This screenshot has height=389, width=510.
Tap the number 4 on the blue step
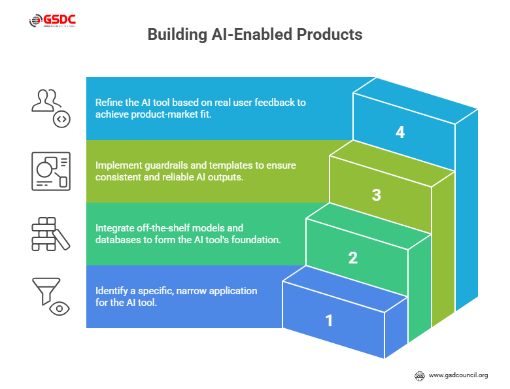click(x=400, y=132)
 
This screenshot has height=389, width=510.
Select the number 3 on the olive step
click(x=376, y=195)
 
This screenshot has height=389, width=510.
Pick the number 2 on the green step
click(x=352, y=258)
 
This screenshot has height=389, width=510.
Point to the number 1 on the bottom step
click(x=329, y=320)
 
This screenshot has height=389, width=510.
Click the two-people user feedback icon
click(x=50, y=105)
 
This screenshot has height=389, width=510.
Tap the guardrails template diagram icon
click(x=50, y=171)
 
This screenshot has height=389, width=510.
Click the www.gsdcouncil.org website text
click(x=458, y=375)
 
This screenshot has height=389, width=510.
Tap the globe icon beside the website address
click(x=420, y=375)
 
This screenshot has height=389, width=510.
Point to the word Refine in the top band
click(x=109, y=103)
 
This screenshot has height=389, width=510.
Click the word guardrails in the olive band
click(x=167, y=165)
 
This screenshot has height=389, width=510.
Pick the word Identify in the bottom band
click(x=112, y=290)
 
